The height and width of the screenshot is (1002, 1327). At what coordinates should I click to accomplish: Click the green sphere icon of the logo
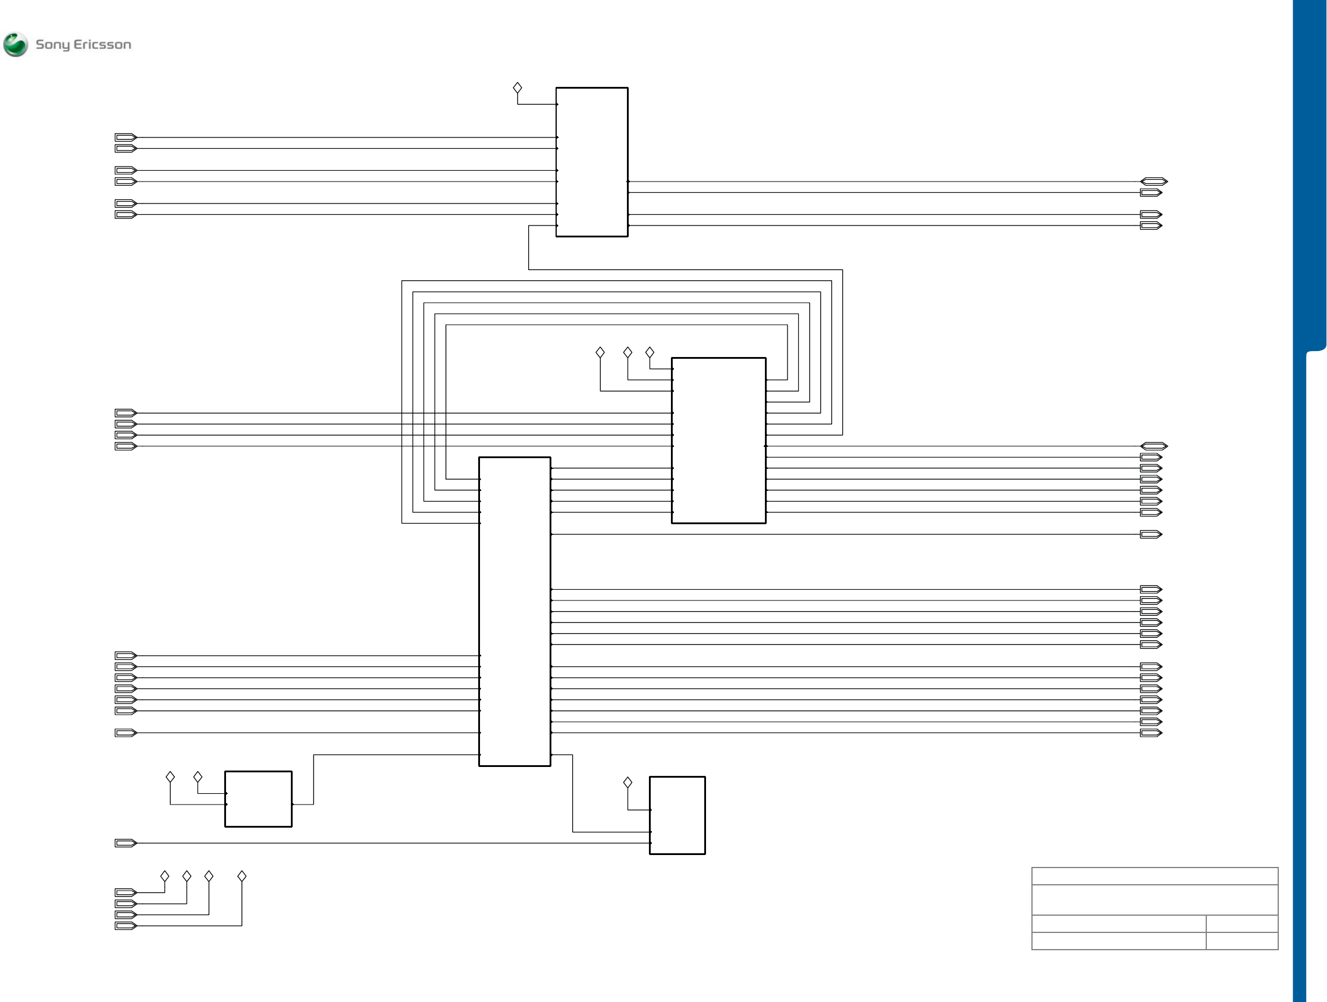15,45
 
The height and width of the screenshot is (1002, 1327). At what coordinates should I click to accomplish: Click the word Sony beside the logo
52,45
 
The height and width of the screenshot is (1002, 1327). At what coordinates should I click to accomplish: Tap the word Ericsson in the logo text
102,45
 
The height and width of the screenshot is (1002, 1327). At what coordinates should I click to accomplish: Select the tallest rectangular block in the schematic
514,612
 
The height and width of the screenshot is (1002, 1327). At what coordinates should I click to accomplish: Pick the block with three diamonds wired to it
718,440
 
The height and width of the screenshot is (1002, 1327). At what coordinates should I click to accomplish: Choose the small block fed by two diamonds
258,799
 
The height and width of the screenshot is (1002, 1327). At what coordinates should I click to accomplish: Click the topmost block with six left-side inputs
591,162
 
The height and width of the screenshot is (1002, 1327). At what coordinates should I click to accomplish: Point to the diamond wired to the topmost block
517,88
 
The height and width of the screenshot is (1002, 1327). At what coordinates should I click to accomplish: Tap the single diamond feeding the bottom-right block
628,782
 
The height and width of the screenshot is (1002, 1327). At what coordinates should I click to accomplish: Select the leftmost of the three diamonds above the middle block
600,352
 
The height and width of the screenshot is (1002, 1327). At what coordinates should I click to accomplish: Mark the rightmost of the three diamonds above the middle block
650,352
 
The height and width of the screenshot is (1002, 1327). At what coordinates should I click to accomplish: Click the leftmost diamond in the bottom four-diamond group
165,876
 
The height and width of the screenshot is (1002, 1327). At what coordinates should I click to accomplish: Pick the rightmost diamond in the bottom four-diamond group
241,876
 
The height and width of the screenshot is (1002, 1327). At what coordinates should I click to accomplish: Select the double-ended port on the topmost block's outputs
1153,181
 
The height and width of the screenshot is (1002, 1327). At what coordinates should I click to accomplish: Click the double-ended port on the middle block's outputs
1153,446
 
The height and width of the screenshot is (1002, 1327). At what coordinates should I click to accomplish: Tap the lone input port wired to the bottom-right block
126,843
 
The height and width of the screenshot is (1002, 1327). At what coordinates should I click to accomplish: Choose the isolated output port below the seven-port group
1150,534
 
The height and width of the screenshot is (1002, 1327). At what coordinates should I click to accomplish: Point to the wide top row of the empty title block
1155,876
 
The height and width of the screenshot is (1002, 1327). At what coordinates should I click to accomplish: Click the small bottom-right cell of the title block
1242,941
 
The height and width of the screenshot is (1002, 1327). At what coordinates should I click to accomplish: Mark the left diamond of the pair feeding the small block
170,777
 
